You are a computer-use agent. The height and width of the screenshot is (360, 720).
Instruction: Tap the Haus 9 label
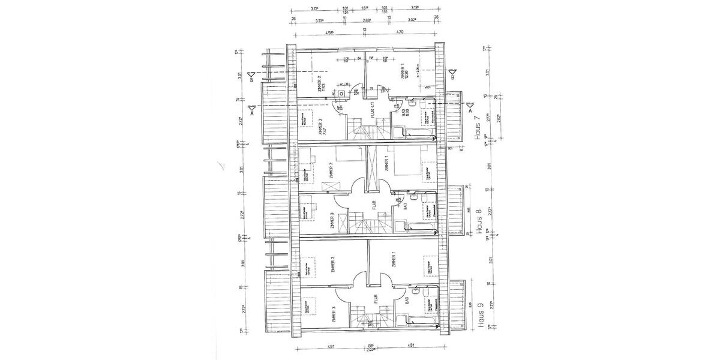(x=479, y=314)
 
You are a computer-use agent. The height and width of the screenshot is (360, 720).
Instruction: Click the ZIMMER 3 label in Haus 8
(x=332, y=223)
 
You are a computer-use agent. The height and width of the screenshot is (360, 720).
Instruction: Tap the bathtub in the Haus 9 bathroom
(x=420, y=322)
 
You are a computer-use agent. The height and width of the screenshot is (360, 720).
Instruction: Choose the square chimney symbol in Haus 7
(x=341, y=94)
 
